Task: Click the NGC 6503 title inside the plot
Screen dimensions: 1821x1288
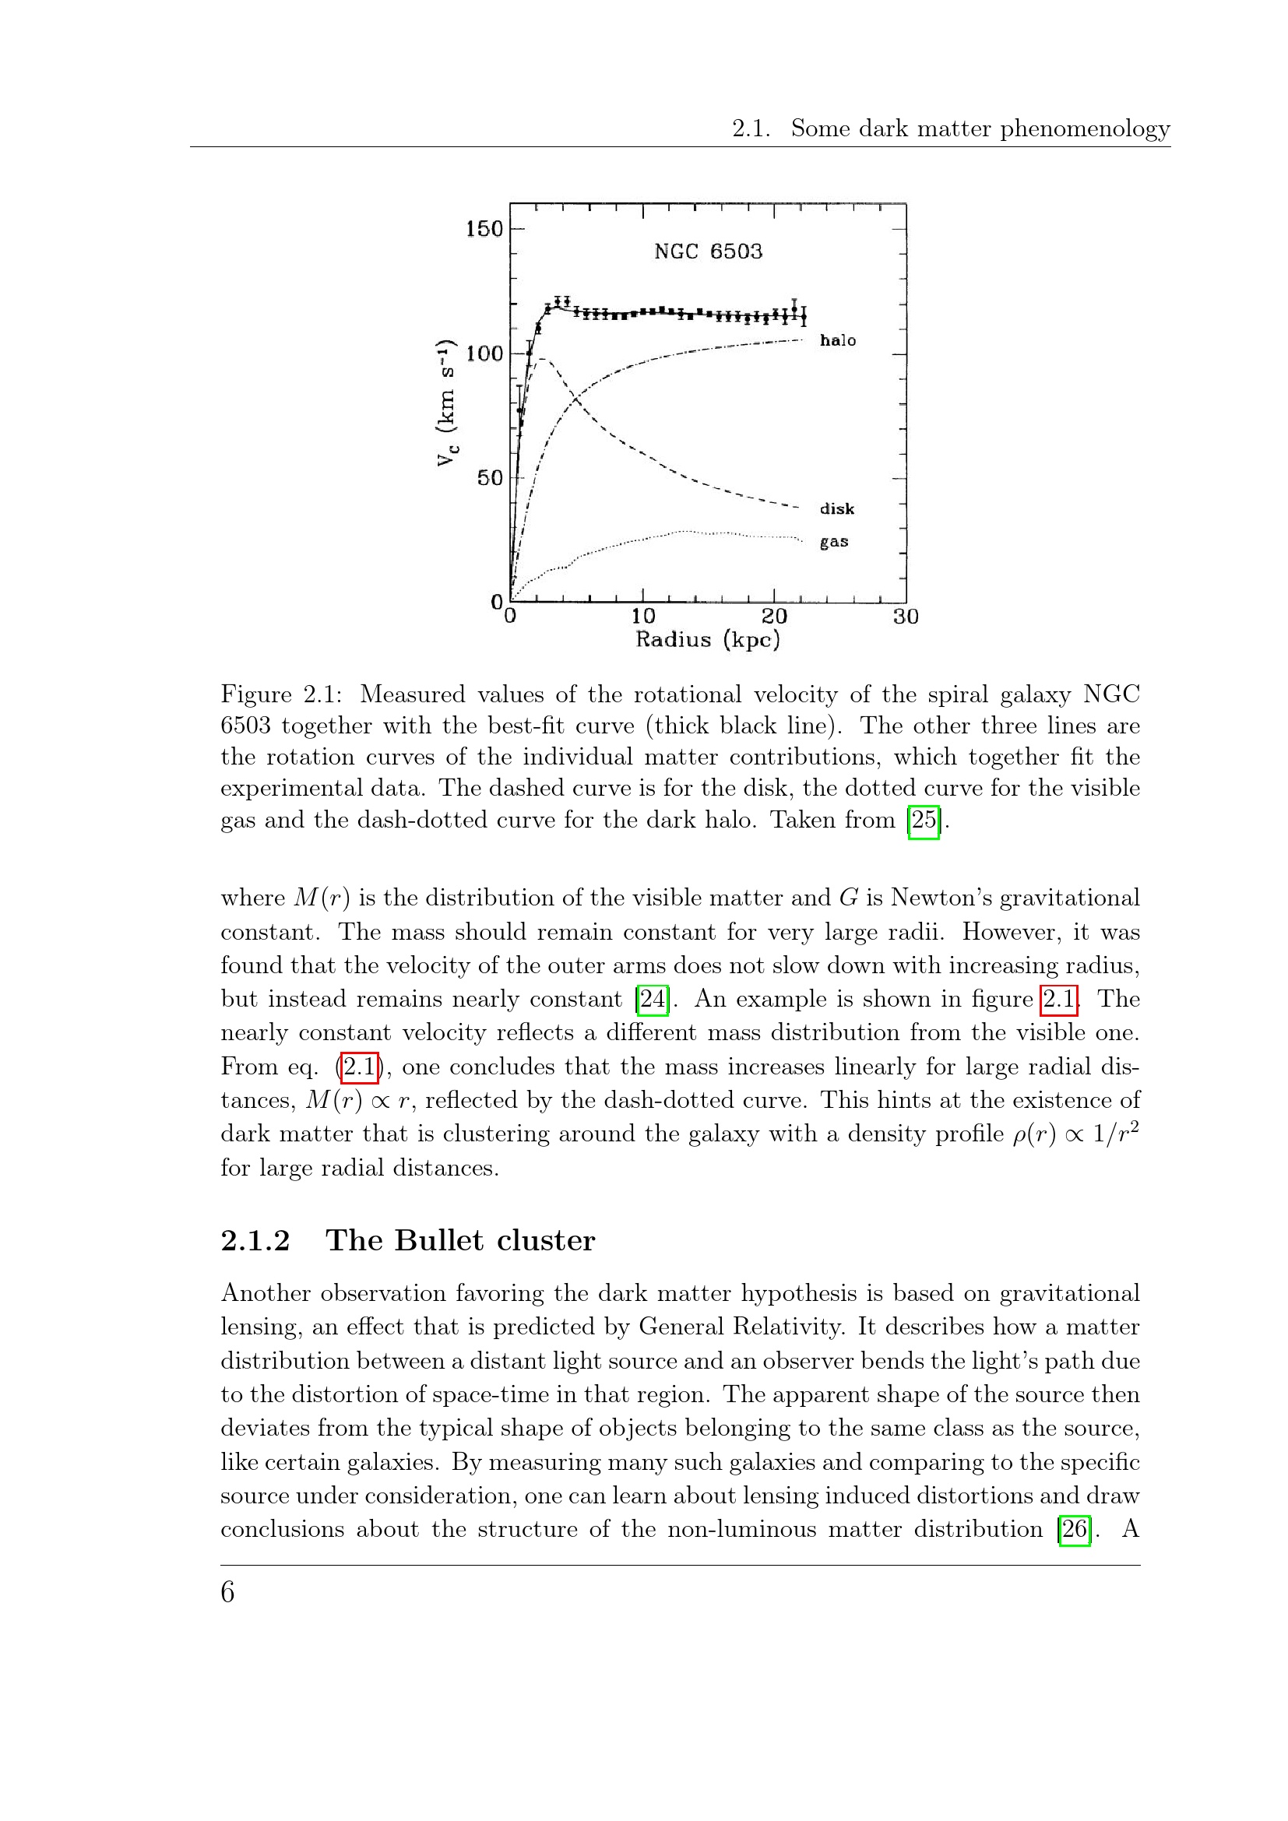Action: (x=707, y=251)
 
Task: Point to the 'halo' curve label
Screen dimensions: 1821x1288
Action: (x=838, y=340)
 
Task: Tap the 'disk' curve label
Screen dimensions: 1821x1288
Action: (x=836, y=508)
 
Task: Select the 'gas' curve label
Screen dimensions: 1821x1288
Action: (x=833, y=542)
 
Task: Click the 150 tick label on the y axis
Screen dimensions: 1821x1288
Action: (x=484, y=229)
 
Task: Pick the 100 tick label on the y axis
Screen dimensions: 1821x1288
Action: (x=484, y=353)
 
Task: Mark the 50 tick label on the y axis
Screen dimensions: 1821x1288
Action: (x=489, y=478)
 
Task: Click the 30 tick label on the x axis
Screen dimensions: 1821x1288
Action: (x=905, y=617)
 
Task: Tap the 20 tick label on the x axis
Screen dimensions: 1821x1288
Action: (x=774, y=617)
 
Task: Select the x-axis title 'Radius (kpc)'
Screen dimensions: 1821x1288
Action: (x=707, y=640)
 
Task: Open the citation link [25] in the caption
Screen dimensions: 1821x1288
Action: (x=924, y=819)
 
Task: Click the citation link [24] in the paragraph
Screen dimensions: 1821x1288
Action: (x=652, y=999)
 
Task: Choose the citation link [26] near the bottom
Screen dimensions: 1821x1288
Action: (x=1074, y=1528)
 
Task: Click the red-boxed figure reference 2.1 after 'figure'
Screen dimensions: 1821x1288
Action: (x=1059, y=999)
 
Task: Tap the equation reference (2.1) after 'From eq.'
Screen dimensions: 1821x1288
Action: (x=359, y=1067)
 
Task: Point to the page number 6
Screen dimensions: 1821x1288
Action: (x=227, y=1592)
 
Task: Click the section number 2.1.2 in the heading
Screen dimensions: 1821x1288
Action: (x=255, y=1240)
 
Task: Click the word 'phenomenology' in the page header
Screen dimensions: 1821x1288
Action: (x=1084, y=129)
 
